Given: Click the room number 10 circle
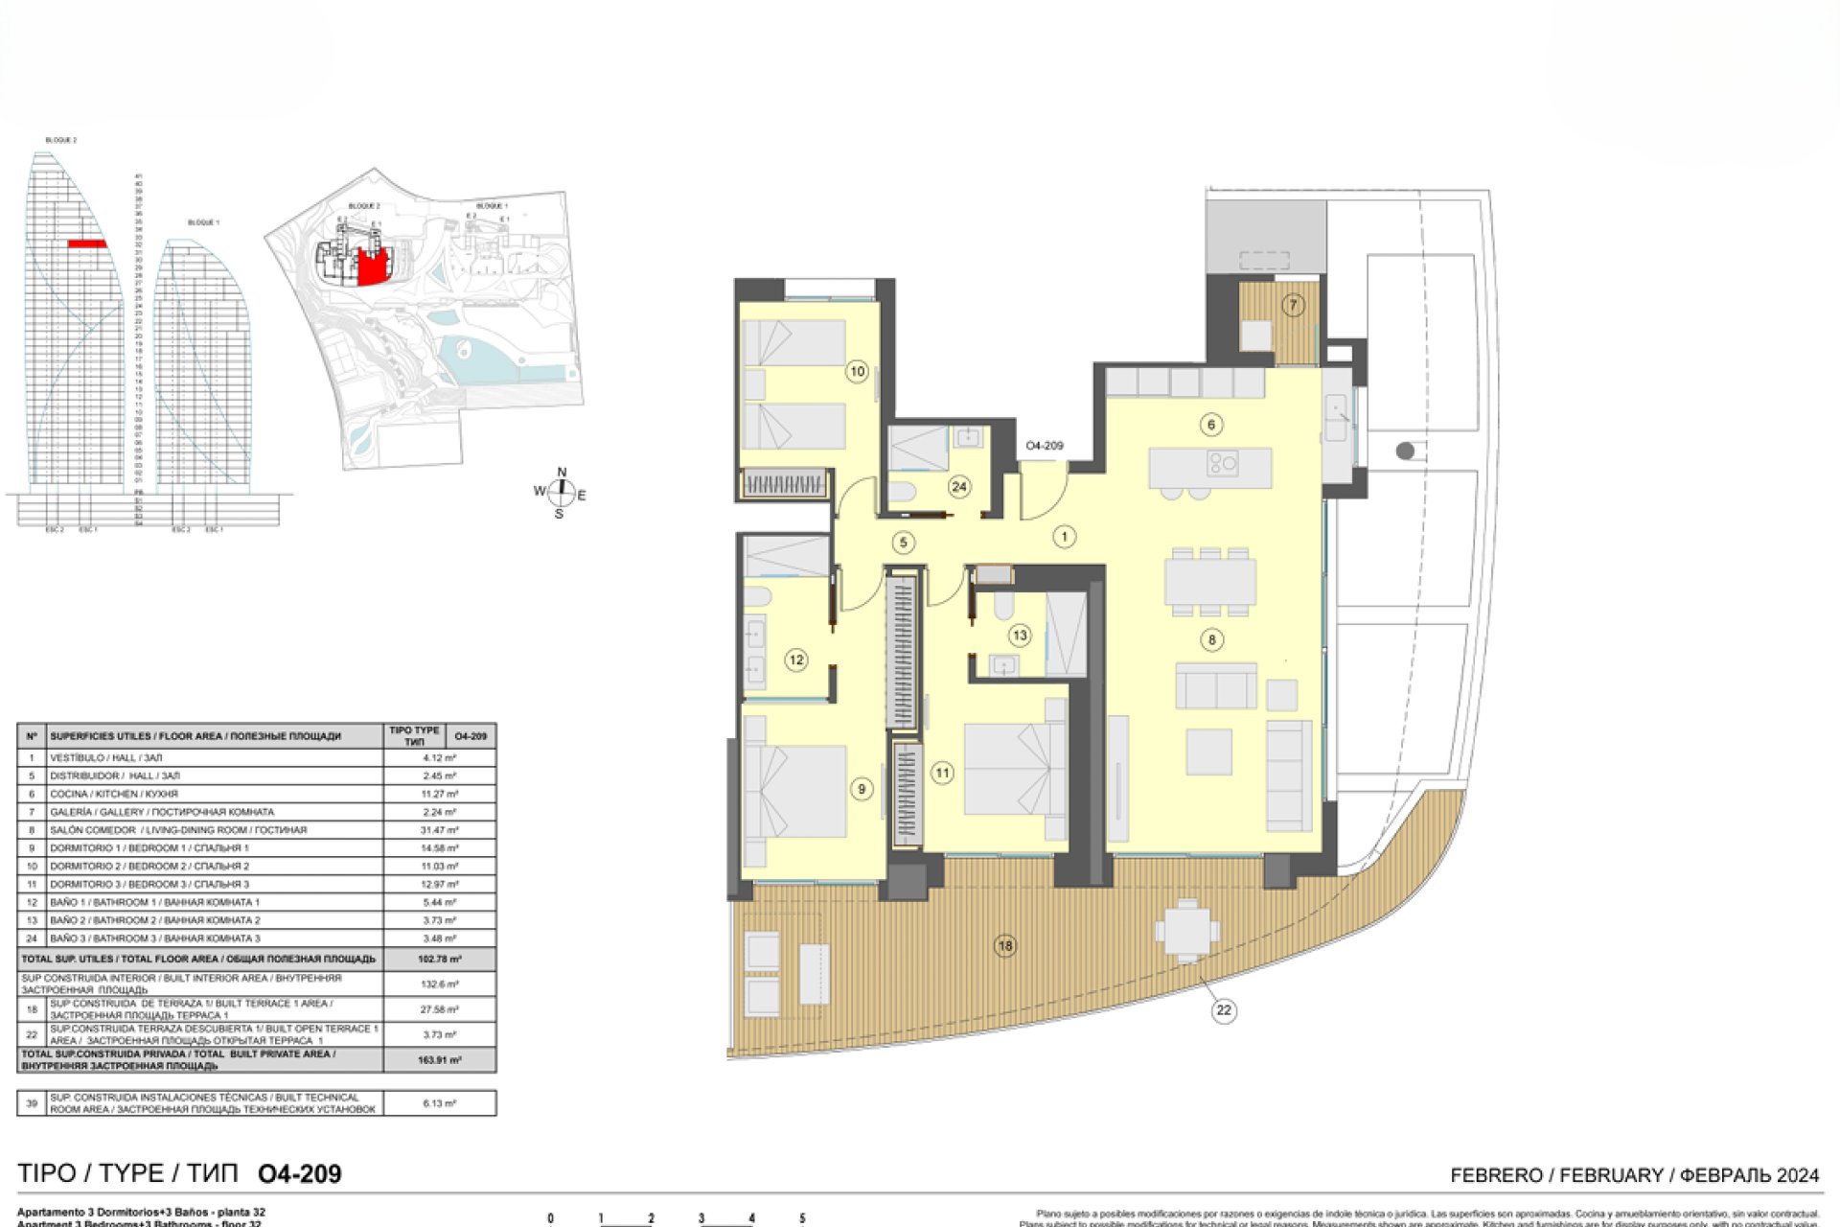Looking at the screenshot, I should click(x=857, y=371).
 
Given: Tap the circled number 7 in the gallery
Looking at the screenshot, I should click(x=1293, y=306).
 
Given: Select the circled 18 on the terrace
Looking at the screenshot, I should click(x=1004, y=946).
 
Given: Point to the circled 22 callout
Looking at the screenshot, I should click(x=1224, y=1009).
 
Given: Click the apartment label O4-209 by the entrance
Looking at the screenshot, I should click(x=1044, y=446).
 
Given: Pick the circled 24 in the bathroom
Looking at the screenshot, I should click(x=959, y=487).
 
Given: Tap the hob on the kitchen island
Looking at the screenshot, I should click(x=1224, y=463).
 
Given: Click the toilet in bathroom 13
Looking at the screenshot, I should click(x=1003, y=605).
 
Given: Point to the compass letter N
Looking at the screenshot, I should click(x=562, y=473).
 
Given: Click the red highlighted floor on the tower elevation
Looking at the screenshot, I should click(x=87, y=244).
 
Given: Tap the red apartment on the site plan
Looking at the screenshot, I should click(x=374, y=267).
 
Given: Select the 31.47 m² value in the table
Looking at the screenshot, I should click(x=439, y=830).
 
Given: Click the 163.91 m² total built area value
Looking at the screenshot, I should click(x=439, y=1060).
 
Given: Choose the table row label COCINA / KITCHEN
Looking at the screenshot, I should click(x=114, y=794).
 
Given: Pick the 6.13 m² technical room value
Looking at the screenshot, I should click(x=439, y=1103).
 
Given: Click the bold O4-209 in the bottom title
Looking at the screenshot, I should click(x=300, y=1174).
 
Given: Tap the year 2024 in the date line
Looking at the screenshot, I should click(x=1798, y=1175).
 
